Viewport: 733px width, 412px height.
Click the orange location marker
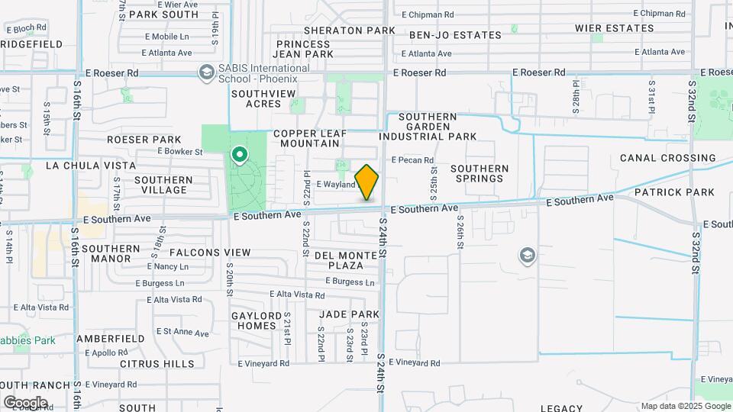point(366,182)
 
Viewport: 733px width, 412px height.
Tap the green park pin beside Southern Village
point(240,156)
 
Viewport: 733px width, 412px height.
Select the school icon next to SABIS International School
point(205,73)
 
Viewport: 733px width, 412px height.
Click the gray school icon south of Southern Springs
point(526,256)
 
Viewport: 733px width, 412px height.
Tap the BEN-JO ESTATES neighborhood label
point(455,35)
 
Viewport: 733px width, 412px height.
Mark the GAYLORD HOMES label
point(253,320)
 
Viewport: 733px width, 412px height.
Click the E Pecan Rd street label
point(412,160)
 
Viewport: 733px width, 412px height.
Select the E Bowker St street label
point(179,151)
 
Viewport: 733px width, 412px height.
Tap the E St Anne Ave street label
point(182,333)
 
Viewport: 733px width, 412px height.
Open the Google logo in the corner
point(24,403)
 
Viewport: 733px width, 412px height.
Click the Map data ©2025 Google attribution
point(685,406)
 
